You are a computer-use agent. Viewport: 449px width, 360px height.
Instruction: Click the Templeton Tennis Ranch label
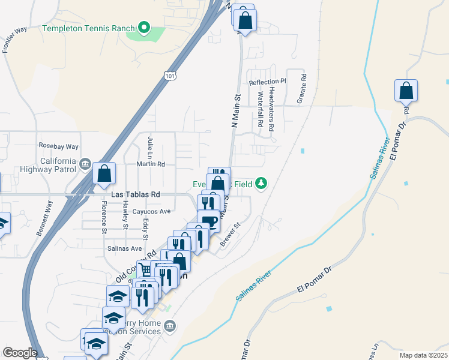89,28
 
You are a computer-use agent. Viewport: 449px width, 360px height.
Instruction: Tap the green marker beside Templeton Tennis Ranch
143,28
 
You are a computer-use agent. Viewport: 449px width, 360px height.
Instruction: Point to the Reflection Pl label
267,82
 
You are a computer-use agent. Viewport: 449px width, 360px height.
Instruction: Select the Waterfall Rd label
261,108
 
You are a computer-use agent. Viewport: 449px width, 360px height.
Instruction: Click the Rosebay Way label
59,146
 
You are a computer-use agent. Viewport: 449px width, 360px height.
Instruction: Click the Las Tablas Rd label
136,195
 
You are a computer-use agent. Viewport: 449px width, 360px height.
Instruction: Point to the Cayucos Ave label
152,211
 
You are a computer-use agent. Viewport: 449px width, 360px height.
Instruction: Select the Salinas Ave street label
124,248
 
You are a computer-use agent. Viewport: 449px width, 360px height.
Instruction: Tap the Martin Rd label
151,164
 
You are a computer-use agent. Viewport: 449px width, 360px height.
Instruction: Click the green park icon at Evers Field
261,182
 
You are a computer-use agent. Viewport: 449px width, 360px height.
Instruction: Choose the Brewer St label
230,233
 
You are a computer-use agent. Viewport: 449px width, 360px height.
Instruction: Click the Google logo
20,353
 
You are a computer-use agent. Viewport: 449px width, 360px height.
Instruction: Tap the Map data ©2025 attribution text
423,355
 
